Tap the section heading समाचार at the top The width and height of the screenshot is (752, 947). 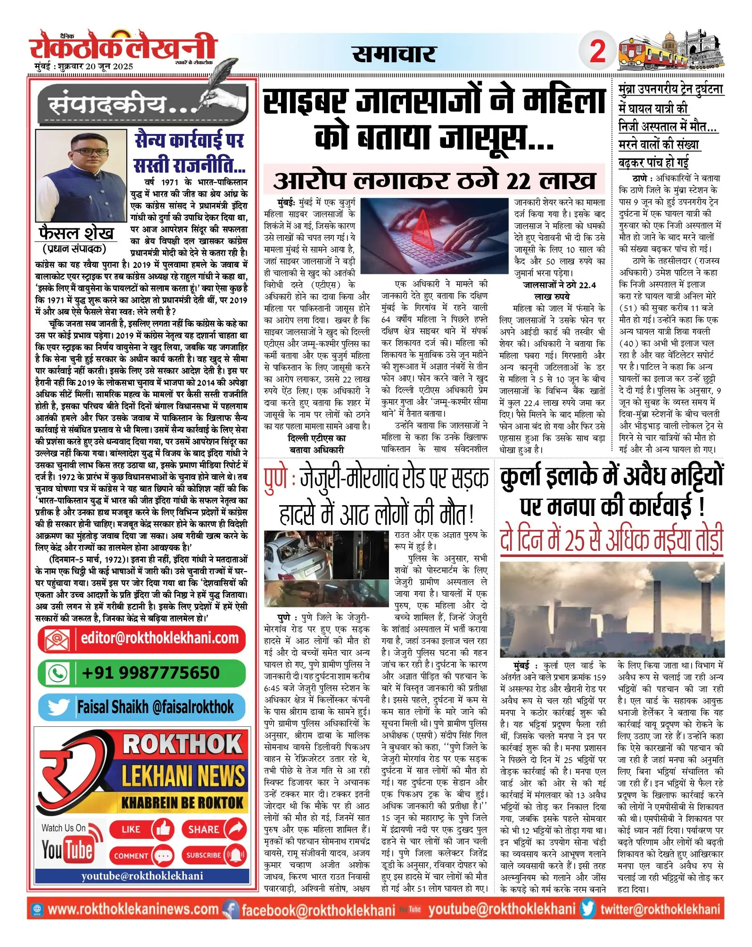click(394, 54)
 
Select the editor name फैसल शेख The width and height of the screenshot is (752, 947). click(76, 233)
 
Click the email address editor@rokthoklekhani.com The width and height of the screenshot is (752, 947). click(159, 639)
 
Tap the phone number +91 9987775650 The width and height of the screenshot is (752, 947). click(150, 673)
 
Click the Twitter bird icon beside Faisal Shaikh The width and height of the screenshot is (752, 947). click(58, 707)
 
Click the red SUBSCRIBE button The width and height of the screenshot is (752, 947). click(214, 855)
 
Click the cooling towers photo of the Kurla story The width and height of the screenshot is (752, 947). click(612, 609)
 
